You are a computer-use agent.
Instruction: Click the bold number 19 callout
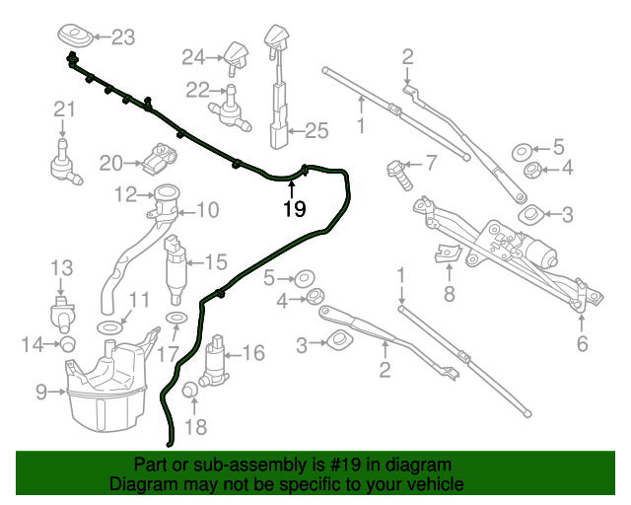294,209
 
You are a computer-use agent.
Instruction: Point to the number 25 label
315,129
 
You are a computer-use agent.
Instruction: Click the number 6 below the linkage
582,344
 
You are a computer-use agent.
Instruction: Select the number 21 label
64,108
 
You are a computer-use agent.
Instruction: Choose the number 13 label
61,267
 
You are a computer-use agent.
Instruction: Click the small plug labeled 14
69,343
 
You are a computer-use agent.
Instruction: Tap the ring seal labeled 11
109,325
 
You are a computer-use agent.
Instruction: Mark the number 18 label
196,426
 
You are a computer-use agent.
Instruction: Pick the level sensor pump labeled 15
176,268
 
